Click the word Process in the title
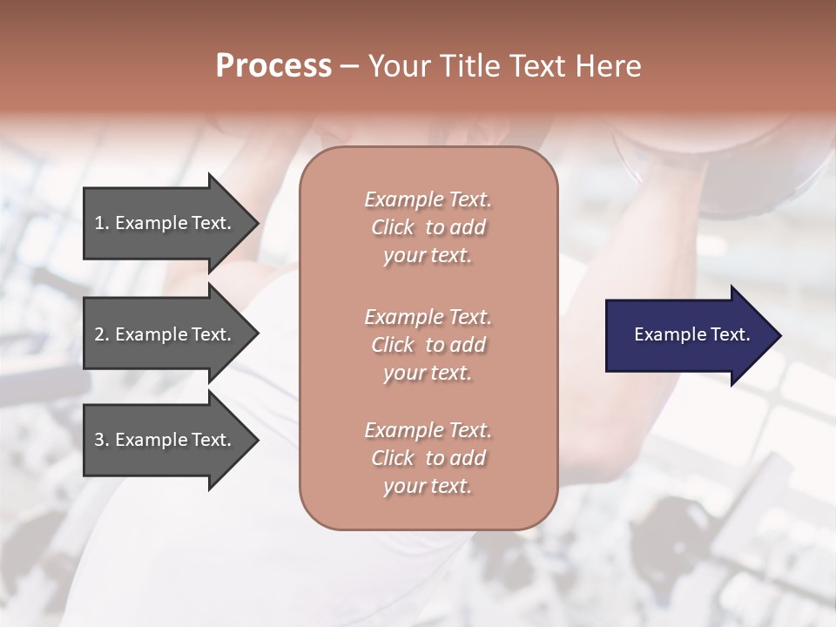273,65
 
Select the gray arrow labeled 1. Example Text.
165,224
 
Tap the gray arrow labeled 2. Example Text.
165,335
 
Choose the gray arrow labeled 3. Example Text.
165,441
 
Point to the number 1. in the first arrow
102,223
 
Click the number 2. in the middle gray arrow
102,334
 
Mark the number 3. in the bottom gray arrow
102,440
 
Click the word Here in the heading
608,65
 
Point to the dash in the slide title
349,66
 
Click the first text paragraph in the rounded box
428,227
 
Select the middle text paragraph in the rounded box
428,345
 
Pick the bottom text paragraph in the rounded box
428,458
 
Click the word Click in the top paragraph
393,227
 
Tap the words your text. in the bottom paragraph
428,486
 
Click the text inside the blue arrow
691,334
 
